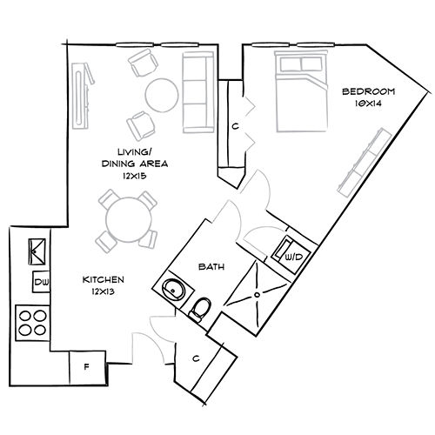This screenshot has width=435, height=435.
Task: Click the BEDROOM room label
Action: pos(368,90)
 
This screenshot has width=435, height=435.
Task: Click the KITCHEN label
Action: pos(104,279)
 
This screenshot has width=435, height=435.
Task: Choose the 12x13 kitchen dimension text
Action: pos(104,291)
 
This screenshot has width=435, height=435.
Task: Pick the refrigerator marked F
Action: pos(85,366)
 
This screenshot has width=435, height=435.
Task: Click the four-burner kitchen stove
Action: pos(33,322)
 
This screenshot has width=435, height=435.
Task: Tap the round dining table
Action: pos(125,218)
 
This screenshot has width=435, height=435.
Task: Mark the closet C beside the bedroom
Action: pos(235,126)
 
